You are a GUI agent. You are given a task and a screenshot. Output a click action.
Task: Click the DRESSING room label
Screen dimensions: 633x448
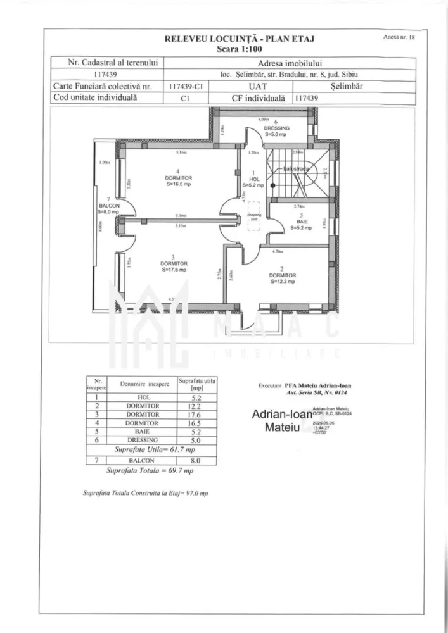[x=277, y=128]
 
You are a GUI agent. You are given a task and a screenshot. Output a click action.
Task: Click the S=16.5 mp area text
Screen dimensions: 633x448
[x=179, y=185]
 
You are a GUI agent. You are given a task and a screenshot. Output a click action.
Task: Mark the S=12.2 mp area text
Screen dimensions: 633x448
[x=283, y=282]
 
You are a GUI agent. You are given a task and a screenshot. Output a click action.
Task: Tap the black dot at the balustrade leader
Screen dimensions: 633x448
[x=273, y=186]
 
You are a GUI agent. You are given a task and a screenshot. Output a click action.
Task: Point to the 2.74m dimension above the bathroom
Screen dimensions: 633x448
[x=298, y=207]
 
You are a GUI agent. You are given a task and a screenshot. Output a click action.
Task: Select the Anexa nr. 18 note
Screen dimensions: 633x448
[x=399, y=38]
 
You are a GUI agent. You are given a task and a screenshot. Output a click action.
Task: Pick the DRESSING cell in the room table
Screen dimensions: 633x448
[x=143, y=439]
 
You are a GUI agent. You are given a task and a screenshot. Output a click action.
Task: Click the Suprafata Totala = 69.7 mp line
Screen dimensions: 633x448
[x=150, y=472]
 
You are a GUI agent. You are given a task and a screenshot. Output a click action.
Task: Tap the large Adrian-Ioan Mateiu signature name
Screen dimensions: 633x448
[x=281, y=421]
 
